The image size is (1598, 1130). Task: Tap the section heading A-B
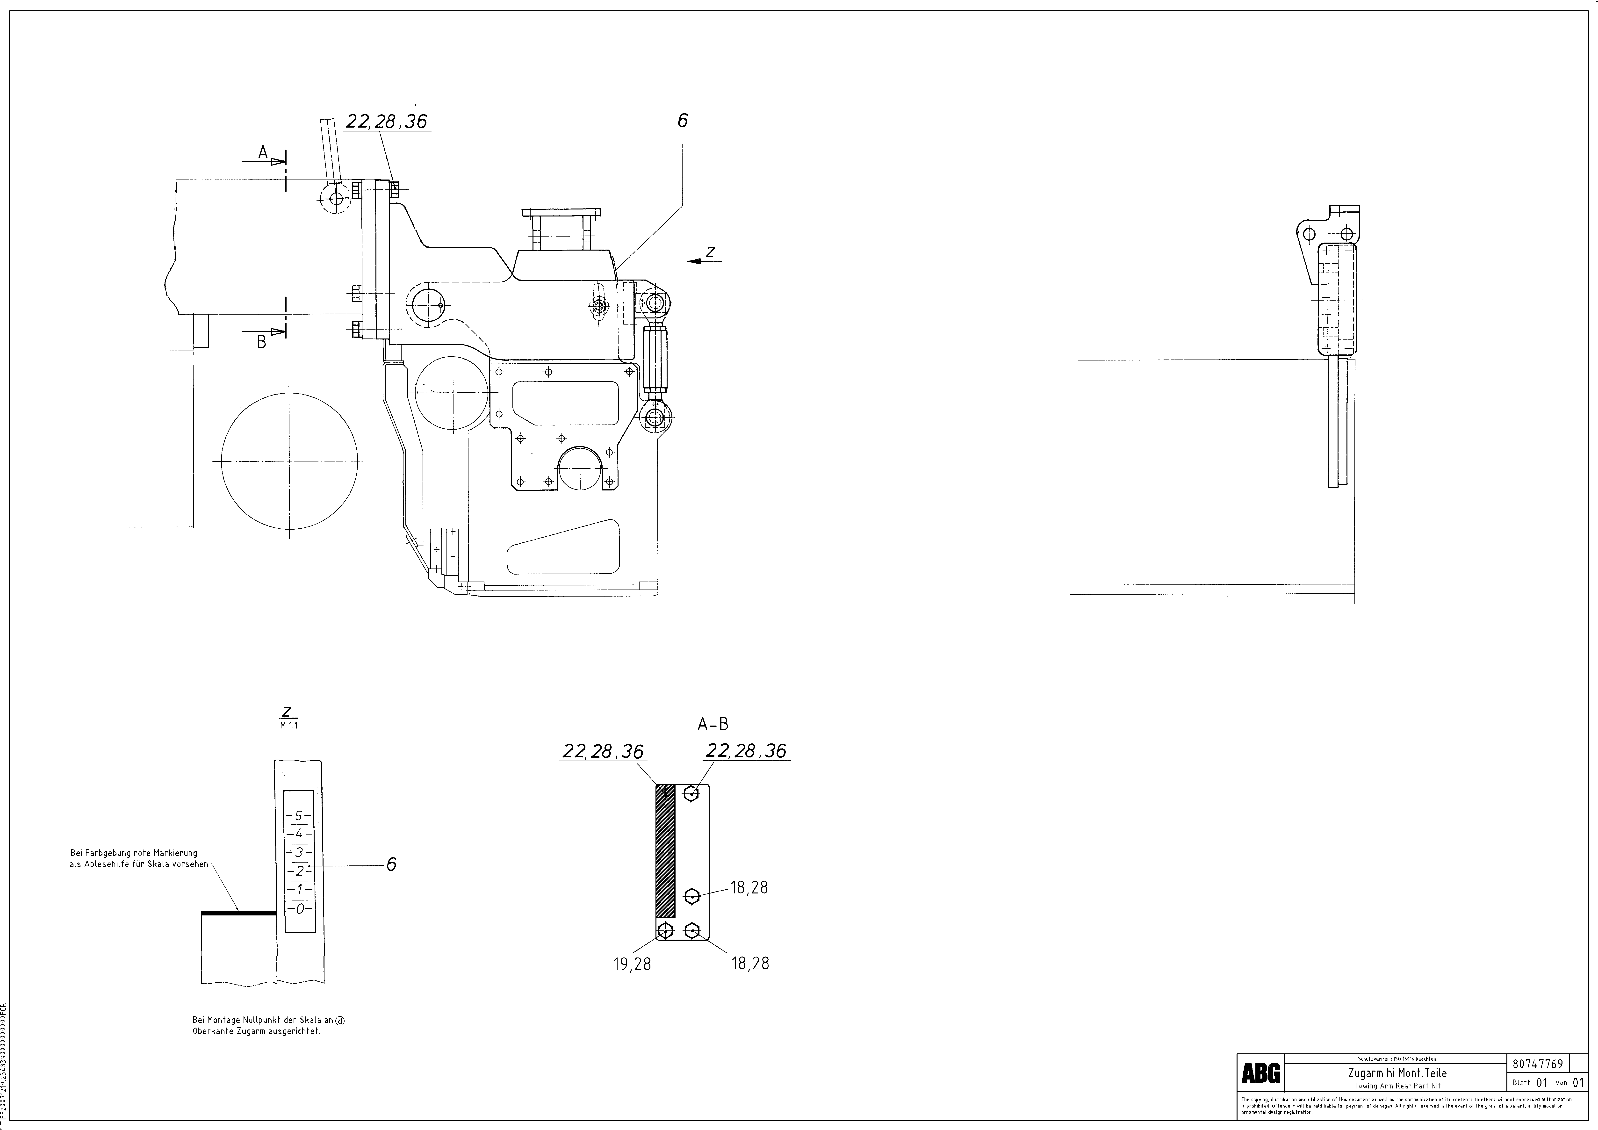point(713,724)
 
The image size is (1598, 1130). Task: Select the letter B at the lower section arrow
point(262,342)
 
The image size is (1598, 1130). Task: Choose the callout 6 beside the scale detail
point(391,864)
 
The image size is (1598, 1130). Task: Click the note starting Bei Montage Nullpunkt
point(268,1026)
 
